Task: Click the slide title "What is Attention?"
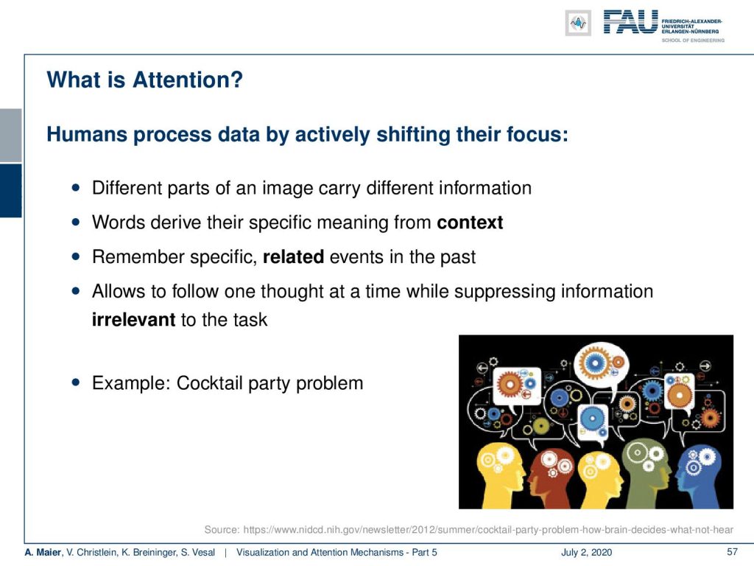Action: pos(145,80)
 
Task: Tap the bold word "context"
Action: pos(470,223)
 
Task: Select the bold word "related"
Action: pos(293,256)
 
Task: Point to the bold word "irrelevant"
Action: pos(134,320)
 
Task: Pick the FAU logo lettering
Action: pos(630,21)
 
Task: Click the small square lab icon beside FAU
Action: pos(578,23)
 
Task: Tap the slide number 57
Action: pos(732,551)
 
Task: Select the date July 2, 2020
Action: pos(586,552)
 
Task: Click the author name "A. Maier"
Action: pos(43,552)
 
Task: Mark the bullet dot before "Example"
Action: pos(76,382)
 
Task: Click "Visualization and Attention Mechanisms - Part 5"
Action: pos(337,552)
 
